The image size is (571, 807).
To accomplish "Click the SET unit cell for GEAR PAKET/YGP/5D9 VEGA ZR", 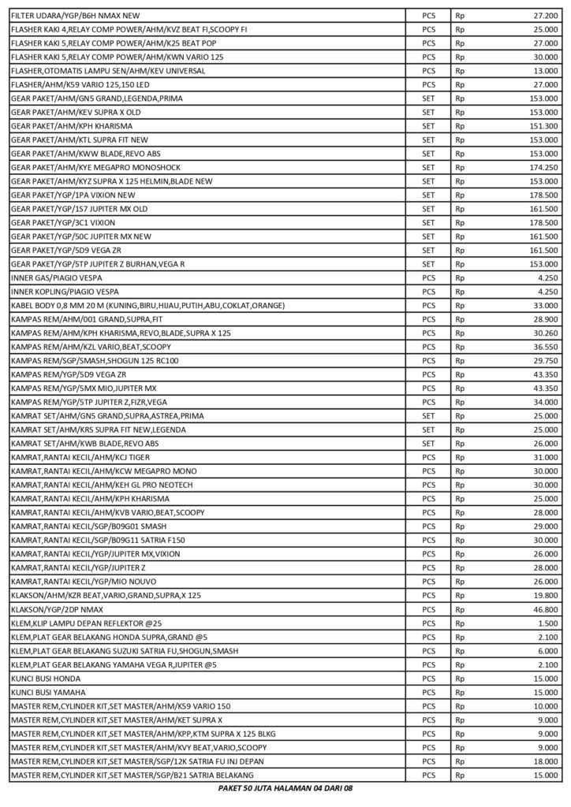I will tap(428, 250).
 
